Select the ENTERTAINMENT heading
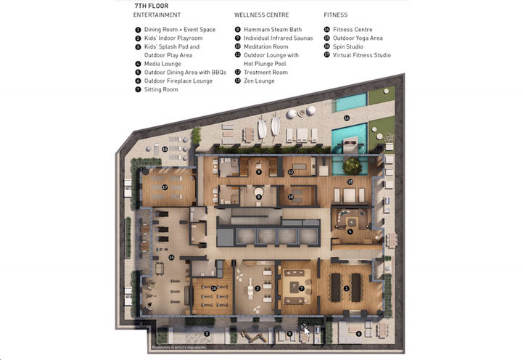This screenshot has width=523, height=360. pos(157,15)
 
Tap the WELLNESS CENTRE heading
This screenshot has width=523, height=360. pos(262,15)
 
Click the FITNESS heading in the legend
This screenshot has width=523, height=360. pos(335,15)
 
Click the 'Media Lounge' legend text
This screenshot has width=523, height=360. pos(162,64)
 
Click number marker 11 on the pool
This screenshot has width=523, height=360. pos(347,118)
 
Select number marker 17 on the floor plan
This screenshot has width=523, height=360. pos(165,187)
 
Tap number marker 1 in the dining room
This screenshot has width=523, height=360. pos(346,288)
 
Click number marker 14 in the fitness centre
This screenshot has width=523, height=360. pos(172,257)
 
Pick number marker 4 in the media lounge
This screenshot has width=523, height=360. pos(350,232)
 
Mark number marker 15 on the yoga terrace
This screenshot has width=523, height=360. pos(165,150)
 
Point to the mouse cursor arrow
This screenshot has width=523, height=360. pos(306,330)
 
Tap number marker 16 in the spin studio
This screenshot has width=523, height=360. pos(213,288)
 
